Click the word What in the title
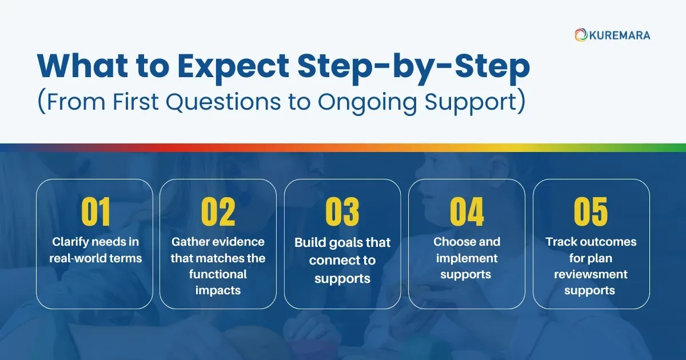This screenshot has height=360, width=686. point(81,66)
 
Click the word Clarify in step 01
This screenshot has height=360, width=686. point(71,242)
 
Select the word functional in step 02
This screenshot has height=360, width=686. point(218,274)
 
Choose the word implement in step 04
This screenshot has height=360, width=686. point(466,258)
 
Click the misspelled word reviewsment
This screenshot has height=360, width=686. point(591,274)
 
